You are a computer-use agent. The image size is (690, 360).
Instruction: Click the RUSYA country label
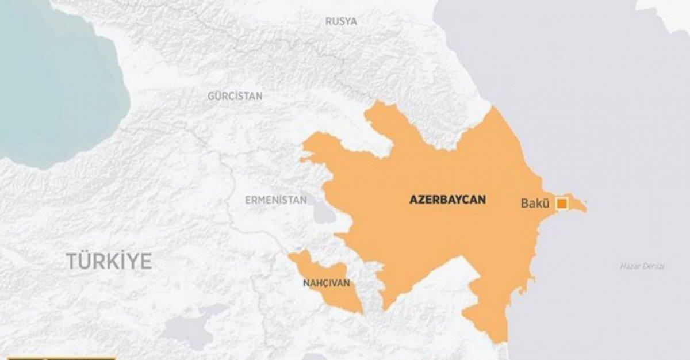pos(341,21)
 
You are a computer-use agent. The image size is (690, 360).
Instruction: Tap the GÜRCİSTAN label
pos(235,96)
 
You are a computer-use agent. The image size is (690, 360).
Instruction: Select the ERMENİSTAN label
pos(275,200)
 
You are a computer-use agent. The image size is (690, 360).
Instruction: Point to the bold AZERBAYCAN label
pos(447,200)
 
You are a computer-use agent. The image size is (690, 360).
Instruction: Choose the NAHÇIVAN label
pos(325,284)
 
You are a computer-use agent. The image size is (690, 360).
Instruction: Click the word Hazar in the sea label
pos(631,266)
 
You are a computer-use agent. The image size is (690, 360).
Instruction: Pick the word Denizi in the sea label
pos(654,266)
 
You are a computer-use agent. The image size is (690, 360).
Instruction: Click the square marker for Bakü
pos(561,203)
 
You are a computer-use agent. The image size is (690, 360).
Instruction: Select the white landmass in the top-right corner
pos(667,12)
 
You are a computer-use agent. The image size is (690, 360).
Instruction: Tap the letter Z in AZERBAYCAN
pos(421,200)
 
